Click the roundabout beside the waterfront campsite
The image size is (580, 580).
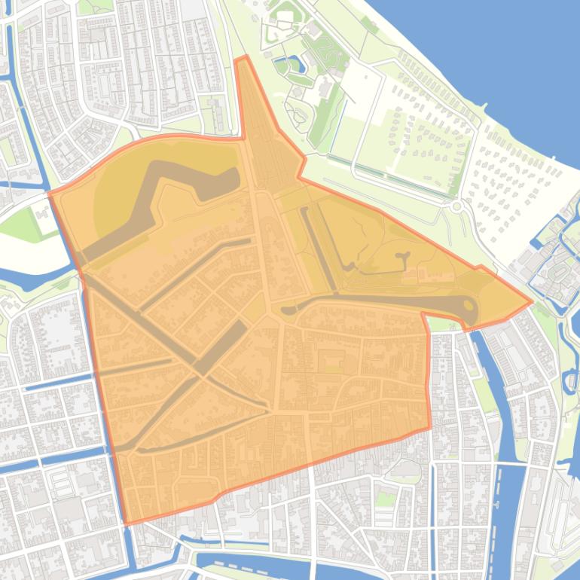(x=456, y=206)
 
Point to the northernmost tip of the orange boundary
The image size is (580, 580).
(x=241, y=57)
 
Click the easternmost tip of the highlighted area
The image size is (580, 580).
(x=532, y=303)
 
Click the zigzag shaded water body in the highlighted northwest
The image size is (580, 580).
(x=162, y=203)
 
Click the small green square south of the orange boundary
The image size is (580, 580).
(x=386, y=498)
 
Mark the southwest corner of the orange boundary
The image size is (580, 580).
(x=124, y=523)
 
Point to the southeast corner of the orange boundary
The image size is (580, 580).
(x=430, y=429)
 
